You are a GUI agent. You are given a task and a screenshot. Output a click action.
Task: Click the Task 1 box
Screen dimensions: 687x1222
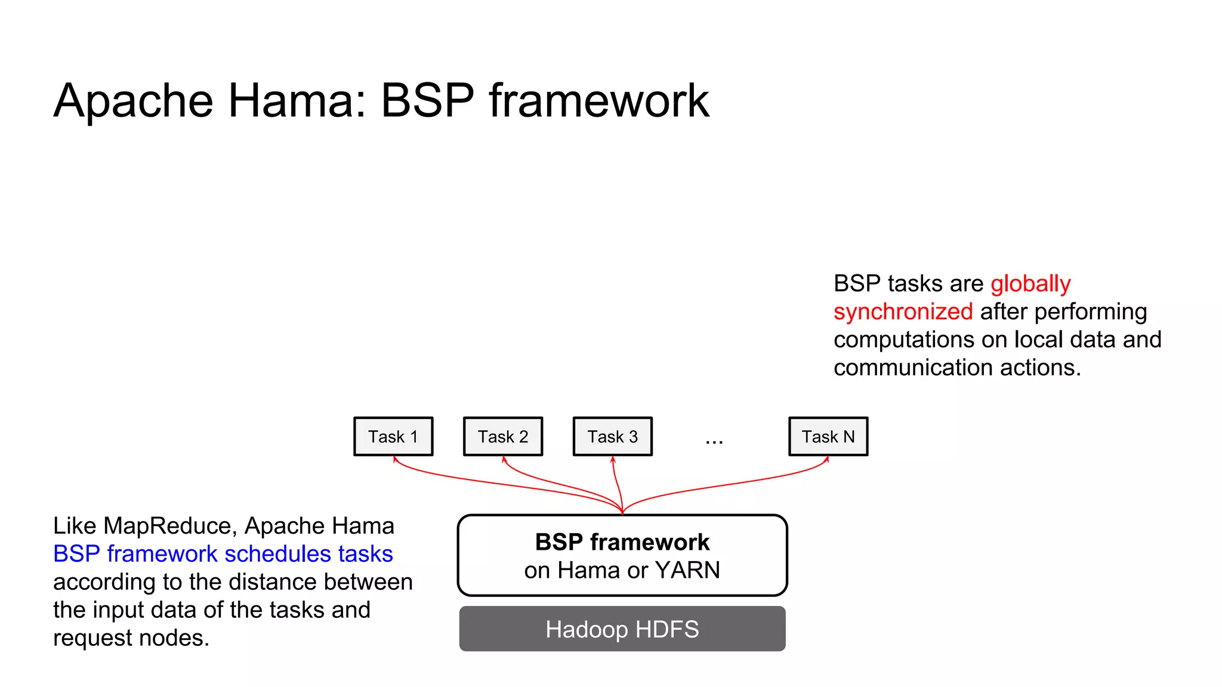[x=393, y=437]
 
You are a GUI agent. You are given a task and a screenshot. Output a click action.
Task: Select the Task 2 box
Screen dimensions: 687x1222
[x=503, y=437]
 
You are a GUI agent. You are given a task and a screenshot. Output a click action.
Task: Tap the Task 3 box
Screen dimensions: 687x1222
[x=613, y=437]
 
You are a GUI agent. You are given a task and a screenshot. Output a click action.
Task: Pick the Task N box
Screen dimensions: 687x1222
[x=828, y=437]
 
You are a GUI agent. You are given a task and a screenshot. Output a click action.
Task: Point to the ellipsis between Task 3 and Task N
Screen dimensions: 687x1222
[x=714, y=442]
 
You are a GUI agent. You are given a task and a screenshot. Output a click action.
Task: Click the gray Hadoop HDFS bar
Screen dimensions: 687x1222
[x=622, y=629]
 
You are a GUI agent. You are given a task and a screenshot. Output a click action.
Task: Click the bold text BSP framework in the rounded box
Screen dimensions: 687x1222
[x=622, y=542]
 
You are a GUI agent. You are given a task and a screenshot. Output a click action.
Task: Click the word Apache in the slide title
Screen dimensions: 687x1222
[x=133, y=101]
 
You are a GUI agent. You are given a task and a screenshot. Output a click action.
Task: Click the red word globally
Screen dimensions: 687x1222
[x=1030, y=284]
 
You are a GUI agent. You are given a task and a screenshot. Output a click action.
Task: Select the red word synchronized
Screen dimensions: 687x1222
[x=903, y=312]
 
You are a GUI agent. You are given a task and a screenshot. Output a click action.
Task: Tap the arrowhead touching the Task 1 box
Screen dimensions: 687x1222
[x=394, y=459]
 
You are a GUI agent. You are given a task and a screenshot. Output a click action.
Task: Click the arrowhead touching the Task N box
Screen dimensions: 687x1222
[x=828, y=459]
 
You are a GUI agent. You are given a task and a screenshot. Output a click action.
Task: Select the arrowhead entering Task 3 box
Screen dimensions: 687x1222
[x=613, y=459]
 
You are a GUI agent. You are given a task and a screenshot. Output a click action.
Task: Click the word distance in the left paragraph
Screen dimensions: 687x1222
[x=274, y=582]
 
